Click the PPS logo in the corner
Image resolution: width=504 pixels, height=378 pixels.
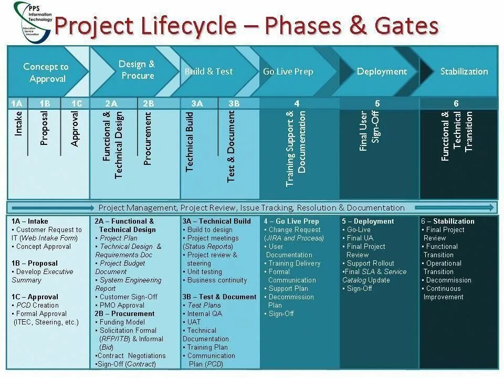tap(33, 21)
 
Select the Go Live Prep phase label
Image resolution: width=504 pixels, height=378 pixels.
tap(288, 71)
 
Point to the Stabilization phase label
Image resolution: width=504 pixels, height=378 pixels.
tap(464, 71)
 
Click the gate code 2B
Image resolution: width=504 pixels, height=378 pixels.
tap(148, 103)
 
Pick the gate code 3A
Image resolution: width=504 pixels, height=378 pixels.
tap(197, 103)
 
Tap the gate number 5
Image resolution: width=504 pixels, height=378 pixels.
tap(377, 103)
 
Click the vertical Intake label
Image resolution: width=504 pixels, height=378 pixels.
tap(19, 124)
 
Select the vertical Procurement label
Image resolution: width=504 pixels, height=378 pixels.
tap(148, 138)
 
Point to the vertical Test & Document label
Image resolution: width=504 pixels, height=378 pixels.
tap(231, 146)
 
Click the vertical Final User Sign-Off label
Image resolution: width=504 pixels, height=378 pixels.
tap(369, 131)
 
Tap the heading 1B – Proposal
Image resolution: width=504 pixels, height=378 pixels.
tap(35, 263)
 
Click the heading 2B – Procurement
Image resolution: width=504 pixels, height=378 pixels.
tap(125, 313)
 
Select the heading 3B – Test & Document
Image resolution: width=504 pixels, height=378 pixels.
tap(219, 297)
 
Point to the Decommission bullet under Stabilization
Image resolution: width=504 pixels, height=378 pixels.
tap(448, 280)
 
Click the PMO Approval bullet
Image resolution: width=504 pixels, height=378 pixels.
tap(122, 305)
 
